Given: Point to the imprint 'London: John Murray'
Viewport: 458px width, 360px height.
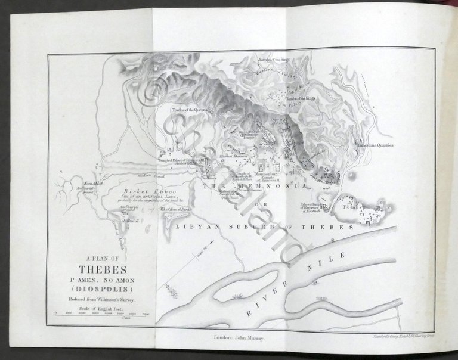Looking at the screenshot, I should pyautogui.click(x=241, y=337).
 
